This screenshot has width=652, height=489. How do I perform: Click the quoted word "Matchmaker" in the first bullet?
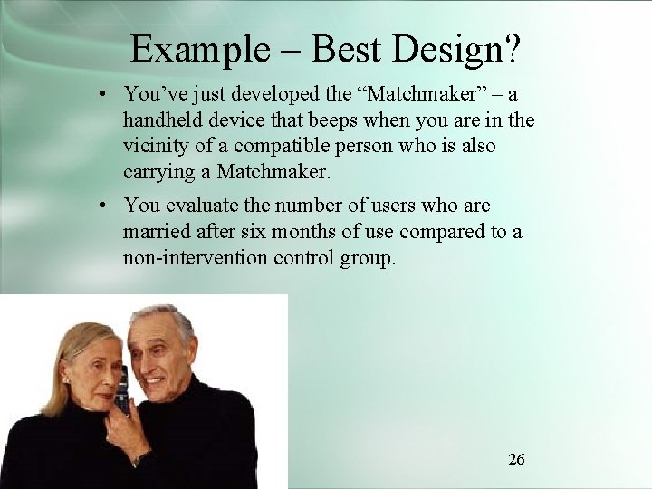[x=427, y=94]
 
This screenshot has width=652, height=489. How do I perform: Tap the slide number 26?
[x=516, y=459]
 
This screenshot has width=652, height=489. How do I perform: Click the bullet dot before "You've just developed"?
[x=106, y=95]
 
